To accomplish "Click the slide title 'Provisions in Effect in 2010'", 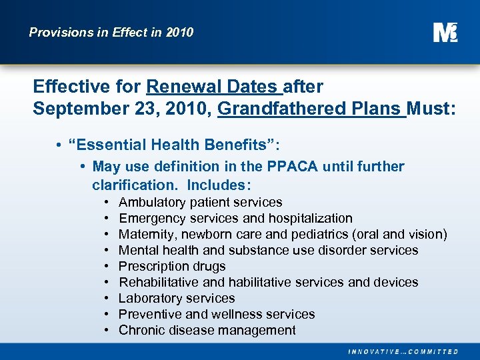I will [x=111, y=32].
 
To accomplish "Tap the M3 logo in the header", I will [x=445, y=32].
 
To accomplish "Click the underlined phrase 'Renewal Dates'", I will [x=211, y=87].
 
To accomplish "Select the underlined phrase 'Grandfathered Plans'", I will [x=311, y=108].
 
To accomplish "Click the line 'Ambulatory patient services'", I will [x=200, y=202].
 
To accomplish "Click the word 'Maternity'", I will [x=145, y=234].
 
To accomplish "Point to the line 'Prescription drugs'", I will [x=172, y=266].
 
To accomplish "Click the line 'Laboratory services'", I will [x=177, y=298].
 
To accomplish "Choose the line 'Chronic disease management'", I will [x=207, y=330].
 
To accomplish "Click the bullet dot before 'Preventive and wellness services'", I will [x=107, y=314].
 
